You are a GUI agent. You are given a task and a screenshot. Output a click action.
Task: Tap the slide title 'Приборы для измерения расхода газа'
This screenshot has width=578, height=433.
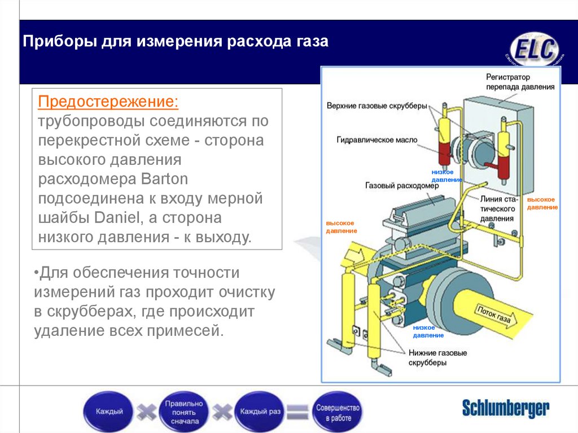175,42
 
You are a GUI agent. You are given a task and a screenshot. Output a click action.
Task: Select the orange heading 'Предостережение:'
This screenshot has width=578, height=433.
108,103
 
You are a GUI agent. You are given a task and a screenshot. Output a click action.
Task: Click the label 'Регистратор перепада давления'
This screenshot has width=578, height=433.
520,82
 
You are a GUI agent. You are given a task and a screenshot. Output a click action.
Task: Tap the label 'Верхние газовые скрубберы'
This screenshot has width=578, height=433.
376,105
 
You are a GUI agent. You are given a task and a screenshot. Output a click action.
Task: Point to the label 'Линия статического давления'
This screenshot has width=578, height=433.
497,208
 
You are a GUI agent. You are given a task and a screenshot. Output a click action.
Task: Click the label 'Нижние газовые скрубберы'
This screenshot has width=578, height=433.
437,358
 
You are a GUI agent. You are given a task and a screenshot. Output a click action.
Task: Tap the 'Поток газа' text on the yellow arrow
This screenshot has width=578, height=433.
494,317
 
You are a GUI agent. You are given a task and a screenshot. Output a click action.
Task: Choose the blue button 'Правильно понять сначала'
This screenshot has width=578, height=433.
183,412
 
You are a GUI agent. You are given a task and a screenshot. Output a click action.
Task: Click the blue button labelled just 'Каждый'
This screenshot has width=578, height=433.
109,412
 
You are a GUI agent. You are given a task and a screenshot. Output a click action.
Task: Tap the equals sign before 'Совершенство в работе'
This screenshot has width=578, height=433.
297,412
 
